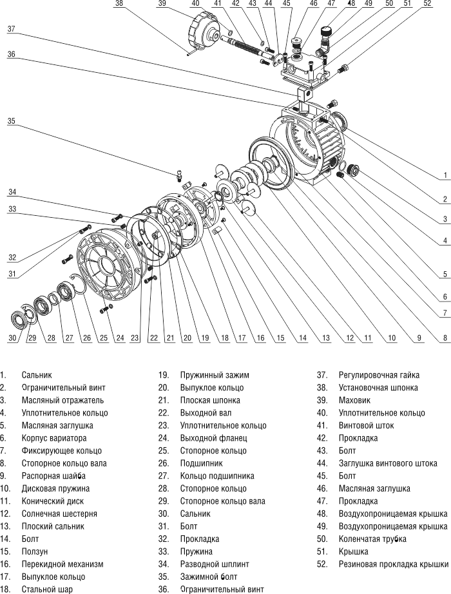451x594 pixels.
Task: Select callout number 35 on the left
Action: coord(12,120)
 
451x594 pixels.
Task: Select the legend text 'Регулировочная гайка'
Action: coord(379,375)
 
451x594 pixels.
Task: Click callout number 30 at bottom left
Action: coord(12,338)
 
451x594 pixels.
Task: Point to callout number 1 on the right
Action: coord(445,175)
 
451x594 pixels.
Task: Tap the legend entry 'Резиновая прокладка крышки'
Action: coord(393,563)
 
